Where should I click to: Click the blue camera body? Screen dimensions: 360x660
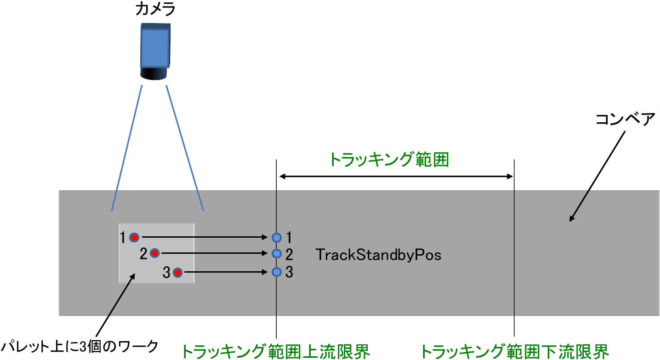[x=154, y=46]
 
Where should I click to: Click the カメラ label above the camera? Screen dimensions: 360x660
[x=155, y=9]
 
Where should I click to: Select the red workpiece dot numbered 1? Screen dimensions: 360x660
[x=134, y=237]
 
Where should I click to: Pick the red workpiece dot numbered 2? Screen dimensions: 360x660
[x=155, y=253]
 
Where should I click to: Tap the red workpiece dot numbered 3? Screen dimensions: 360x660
[x=177, y=273]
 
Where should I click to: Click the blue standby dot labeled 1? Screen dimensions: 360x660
[x=276, y=237]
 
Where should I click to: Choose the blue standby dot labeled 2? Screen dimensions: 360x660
[x=276, y=253]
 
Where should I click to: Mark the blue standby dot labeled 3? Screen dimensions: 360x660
[x=276, y=272]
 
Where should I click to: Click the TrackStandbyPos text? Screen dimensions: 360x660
[x=379, y=255]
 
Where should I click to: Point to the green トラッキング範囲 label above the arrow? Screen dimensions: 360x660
[x=389, y=160]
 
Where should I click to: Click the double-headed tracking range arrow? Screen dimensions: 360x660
[x=396, y=177]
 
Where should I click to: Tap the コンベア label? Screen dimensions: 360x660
[x=625, y=119]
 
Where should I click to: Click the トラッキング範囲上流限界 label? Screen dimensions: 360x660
[x=276, y=352]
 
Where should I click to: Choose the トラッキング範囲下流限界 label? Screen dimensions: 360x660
[x=514, y=352]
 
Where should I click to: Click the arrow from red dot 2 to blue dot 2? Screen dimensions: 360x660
[x=214, y=253]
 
